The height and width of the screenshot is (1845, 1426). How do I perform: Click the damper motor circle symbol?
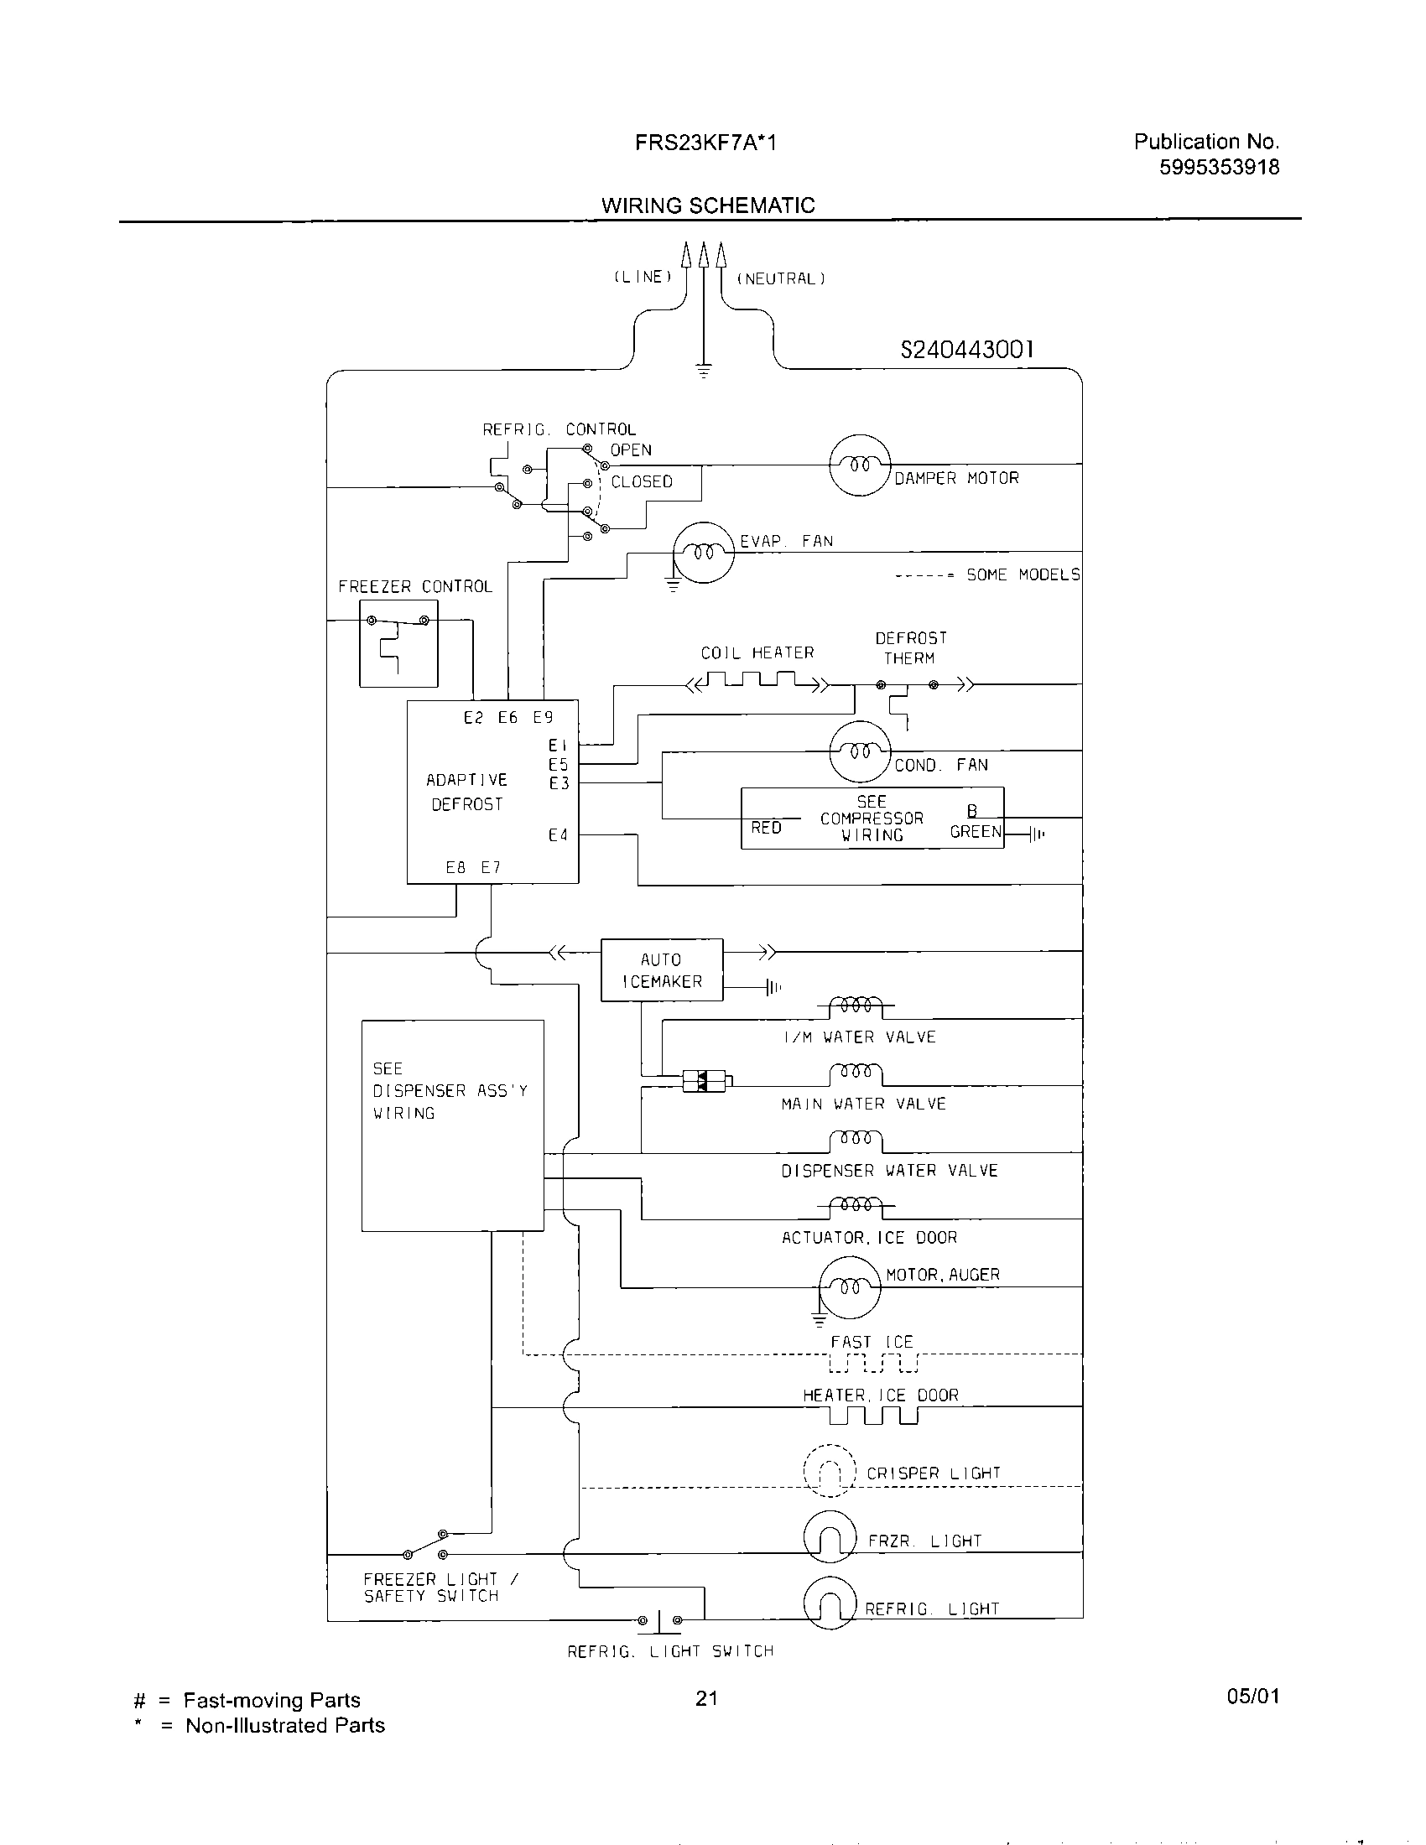point(859,465)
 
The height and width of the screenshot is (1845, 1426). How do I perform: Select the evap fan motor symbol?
point(703,552)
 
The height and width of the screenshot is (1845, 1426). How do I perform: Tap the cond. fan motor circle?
point(860,751)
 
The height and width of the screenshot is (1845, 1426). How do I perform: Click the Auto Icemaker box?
point(662,969)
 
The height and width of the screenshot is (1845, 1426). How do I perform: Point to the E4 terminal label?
point(558,835)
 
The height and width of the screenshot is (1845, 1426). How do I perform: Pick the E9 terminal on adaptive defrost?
point(543,718)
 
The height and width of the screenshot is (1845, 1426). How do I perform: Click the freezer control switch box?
point(398,644)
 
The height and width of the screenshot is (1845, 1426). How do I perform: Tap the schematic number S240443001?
point(966,350)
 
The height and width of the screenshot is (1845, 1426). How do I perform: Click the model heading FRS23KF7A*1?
point(705,143)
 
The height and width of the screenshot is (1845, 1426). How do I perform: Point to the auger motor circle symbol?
point(849,1287)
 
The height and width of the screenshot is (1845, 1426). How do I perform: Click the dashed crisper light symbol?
point(830,1471)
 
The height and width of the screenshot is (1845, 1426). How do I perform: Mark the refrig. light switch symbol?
point(660,1620)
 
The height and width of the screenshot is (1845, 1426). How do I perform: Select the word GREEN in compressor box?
point(975,832)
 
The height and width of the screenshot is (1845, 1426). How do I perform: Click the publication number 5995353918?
point(1218,167)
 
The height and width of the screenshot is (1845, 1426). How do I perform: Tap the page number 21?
point(706,1698)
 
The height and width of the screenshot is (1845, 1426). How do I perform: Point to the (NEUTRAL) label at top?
point(781,278)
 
